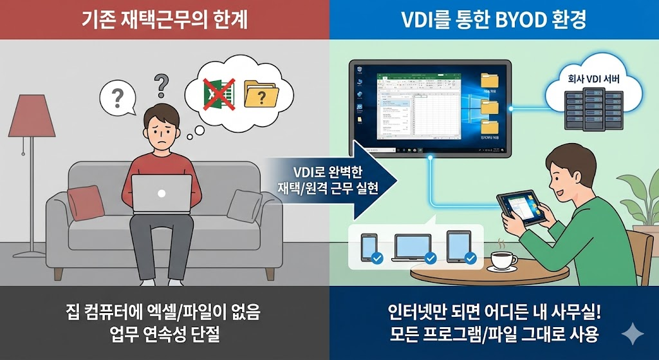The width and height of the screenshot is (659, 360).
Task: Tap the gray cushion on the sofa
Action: point(245,205)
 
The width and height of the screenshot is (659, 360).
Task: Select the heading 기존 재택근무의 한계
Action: point(165,20)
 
